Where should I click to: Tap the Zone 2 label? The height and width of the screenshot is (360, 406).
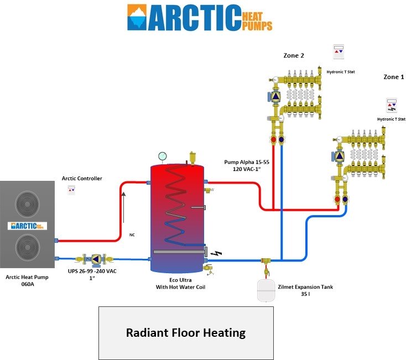pyautogui.click(x=294, y=55)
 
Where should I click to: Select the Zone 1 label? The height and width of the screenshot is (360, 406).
pyautogui.click(x=394, y=77)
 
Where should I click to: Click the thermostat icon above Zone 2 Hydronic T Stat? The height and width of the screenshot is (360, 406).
pyautogui.click(x=338, y=52)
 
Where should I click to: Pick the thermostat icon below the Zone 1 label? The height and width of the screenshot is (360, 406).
pyautogui.click(x=392, y=106)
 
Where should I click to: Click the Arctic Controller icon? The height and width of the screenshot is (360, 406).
pyautogui.click(x=71, y=190)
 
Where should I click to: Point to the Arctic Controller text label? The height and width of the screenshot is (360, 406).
pyautogui.click(x=82, y=179)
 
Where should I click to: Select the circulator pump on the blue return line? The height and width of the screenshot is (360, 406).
pyautogui.click(x=97, y=258)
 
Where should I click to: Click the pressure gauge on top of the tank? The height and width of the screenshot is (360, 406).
pyautogui.click(x=162, y=156)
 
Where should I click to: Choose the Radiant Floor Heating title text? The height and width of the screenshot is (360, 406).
pyautogui.click(x=186, y=333)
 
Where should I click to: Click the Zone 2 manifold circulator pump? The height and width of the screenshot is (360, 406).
pyautogui.click(x=275, y=96)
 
